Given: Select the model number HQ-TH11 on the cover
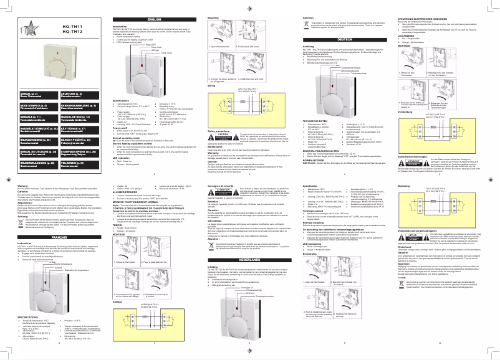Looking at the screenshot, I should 74,26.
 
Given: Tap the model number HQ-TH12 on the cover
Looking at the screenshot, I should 74,31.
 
